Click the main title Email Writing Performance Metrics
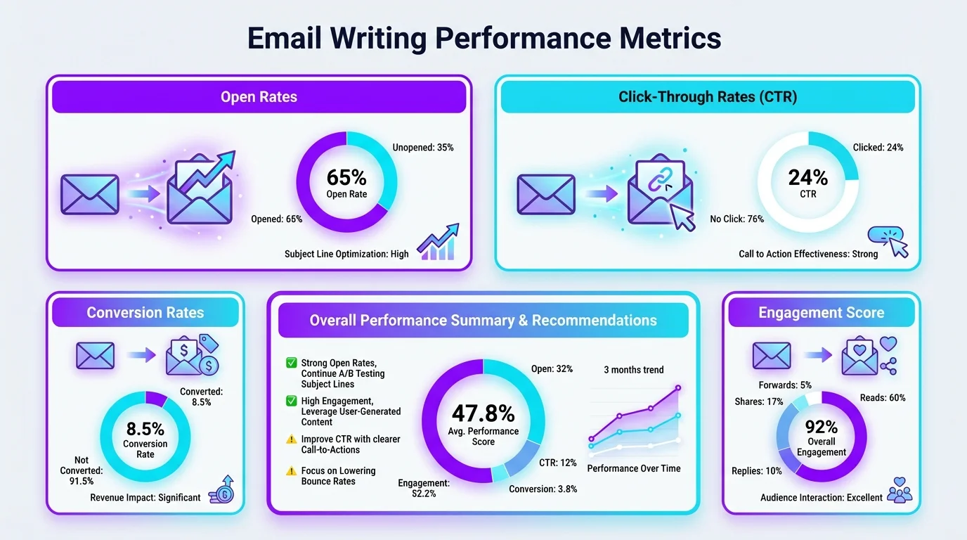point(483,39)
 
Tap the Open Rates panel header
point(259,96)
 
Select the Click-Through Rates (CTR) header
point(707,96)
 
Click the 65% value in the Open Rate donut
point(346,178)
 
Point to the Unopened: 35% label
point(423,148)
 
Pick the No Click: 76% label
point(736,219)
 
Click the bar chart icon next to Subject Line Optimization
point(437,243)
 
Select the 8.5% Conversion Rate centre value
point(145,429)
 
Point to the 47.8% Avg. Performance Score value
point(483,413)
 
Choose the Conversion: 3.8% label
point(543,489)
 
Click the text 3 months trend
point(633,370)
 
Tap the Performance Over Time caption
point(633,468)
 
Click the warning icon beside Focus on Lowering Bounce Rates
point(291,471)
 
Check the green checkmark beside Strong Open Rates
point(291,363)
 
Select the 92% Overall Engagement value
point(822,427)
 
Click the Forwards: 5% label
point(785,385)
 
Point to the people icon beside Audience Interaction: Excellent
point(900,489)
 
